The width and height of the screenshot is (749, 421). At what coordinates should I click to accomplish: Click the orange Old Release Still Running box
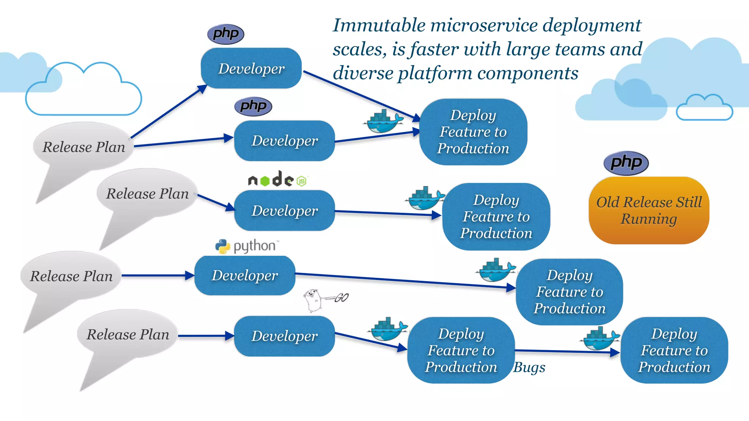649,210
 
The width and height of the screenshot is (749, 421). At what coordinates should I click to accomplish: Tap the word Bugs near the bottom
529,367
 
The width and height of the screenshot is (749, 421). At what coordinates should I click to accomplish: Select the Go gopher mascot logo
314,300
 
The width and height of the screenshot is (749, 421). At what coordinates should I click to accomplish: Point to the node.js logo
277,179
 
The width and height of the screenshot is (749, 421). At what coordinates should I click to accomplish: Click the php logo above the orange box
626,163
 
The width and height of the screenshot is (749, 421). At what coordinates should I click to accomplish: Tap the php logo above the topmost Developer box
226,34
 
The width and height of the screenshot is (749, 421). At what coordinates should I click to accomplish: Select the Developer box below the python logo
245,276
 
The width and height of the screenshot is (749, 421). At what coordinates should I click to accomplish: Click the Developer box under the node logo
284,210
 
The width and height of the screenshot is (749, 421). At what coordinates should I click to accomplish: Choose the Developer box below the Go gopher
284,336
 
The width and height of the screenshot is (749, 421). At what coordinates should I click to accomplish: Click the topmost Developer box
251,68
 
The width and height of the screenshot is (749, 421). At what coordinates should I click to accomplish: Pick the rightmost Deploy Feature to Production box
674,350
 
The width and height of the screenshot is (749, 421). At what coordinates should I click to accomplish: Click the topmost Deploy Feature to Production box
473,132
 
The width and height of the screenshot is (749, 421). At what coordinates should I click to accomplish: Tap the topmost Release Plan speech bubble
83,147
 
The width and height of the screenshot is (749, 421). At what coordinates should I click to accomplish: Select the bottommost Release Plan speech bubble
128,334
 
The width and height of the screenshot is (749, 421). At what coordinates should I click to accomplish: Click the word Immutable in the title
379,26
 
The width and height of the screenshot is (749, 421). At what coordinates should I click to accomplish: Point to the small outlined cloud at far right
704,108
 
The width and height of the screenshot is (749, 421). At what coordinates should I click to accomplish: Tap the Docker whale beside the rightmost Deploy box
600,338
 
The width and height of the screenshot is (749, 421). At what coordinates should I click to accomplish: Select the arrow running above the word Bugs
567,352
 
